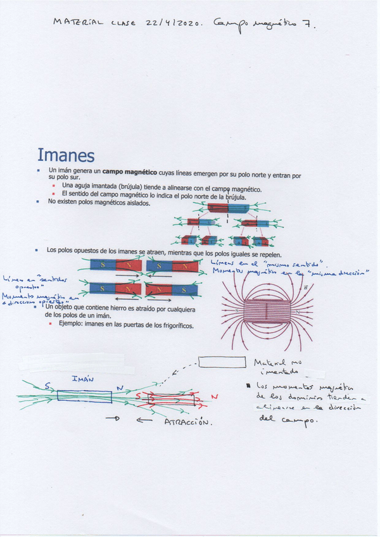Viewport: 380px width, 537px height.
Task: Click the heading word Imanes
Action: (x=66, y=155)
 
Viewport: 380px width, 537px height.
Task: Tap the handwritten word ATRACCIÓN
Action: (x=187, y=422)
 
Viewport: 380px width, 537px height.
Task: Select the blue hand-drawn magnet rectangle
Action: (x=84, y=396)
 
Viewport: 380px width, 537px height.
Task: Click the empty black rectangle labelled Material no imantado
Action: (x=222, y=362)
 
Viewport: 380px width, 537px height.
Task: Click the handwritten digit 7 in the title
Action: (x=306, y=25)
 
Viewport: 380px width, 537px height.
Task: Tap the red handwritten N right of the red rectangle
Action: (x=214, y=396)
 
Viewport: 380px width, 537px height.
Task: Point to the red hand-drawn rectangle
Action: (x=168, y=399)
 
